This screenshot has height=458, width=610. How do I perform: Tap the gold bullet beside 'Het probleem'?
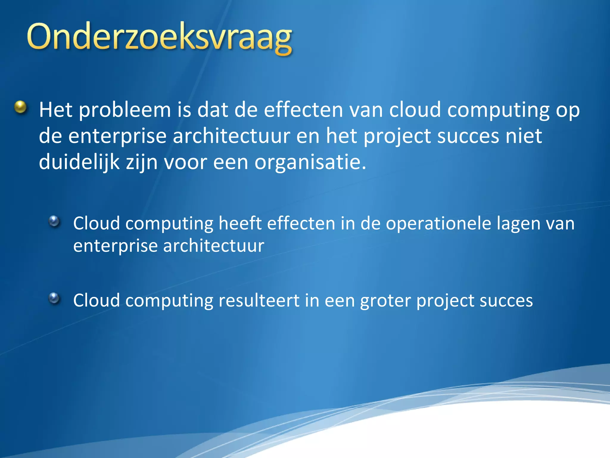21,107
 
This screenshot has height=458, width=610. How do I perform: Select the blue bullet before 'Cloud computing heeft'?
54,221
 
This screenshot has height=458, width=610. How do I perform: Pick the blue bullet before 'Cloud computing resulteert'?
54,298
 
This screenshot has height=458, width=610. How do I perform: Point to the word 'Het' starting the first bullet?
56,110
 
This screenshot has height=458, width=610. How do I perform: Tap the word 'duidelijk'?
79,163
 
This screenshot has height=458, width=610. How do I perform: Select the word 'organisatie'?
310,163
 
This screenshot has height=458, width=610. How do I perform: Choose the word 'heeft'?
240,223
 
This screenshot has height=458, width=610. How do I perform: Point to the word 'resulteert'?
259,300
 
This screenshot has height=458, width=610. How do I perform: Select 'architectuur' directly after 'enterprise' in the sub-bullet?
214,246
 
